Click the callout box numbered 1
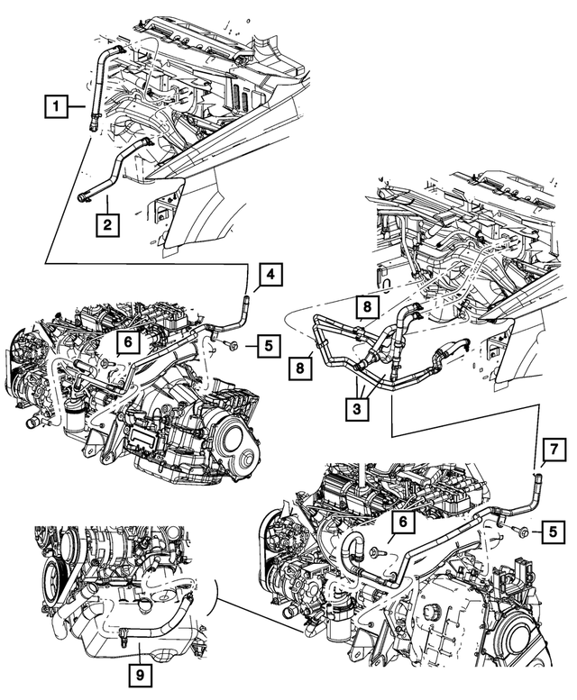56,109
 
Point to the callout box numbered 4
272,275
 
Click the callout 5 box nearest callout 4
268,345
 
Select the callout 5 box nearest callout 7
550,532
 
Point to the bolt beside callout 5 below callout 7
521,532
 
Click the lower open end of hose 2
82,195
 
